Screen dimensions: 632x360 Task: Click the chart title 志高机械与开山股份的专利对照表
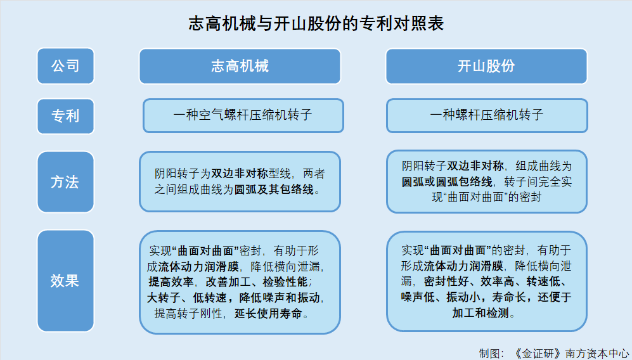316,23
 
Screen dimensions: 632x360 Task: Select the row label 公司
66,66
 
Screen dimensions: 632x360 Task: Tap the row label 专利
66,116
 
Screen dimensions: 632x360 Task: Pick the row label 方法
66,182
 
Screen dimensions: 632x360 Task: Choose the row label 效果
66,281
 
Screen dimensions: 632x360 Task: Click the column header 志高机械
240,66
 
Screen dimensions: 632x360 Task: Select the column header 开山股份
486,66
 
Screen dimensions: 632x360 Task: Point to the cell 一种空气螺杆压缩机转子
243,116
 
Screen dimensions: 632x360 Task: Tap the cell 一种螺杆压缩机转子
487,116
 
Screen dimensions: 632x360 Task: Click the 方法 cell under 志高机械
240,181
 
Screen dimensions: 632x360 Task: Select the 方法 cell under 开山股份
486,181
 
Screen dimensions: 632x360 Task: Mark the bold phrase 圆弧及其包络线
274,190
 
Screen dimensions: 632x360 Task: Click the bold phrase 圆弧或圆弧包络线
447,182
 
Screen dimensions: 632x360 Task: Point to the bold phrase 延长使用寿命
268,313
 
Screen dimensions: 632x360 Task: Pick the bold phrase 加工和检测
480,313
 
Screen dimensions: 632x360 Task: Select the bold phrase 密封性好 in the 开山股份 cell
446,281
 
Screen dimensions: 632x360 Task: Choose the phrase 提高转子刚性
188,313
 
